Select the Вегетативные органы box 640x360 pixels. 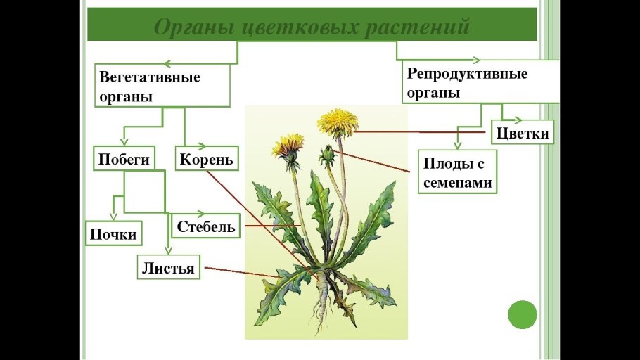pos(162,86)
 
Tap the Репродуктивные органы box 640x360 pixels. pos(482,82)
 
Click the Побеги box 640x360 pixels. pos(124,159)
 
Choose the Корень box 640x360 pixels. pos(205,159)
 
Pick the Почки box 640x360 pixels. pos(113,233)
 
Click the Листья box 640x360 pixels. pos(168,268)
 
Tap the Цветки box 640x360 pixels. pos(523,133)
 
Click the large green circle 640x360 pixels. pos(522,314)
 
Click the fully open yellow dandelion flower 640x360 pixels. pos(337,122)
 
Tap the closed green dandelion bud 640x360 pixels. pos(326,154)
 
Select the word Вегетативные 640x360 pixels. pos(150,77)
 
